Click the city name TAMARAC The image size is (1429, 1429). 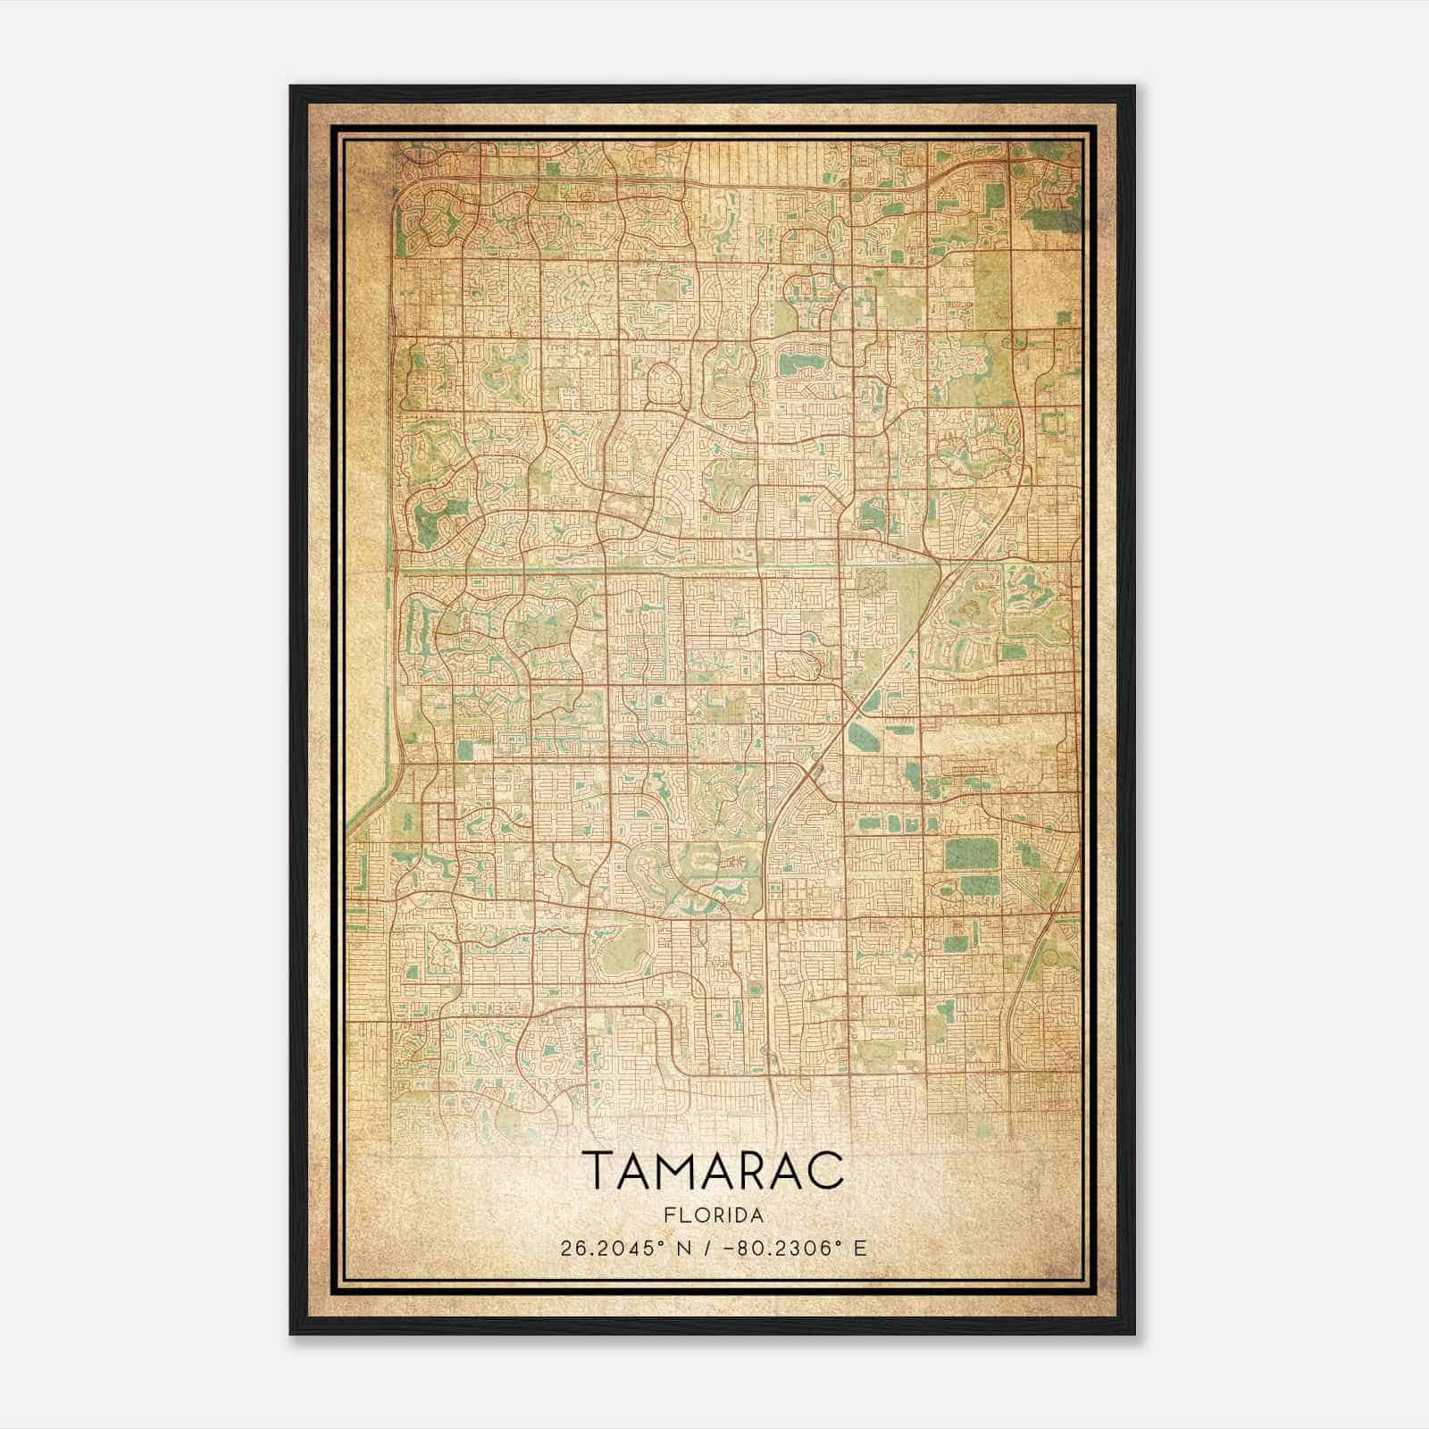click(x=714, y=1170)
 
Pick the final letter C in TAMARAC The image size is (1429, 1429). click(x=827, y=1170)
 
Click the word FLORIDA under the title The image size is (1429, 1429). click(x=714, y=1216)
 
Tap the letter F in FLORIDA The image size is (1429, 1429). click(x=668, y=1216)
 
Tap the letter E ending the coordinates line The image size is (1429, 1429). click(x=860, y=1249)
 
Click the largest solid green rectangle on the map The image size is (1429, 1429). click(x=972, y=854)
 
